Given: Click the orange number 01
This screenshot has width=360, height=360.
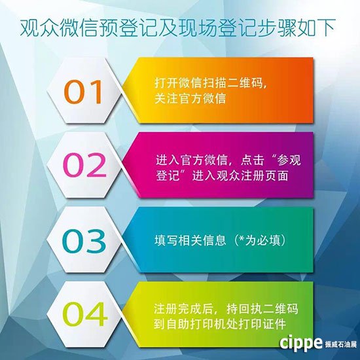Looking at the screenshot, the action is [83, 92].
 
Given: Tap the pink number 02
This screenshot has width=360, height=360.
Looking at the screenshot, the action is [84, 165].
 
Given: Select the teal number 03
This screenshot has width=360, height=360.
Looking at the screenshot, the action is [84, 241].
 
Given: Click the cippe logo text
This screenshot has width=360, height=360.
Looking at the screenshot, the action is [301, 343].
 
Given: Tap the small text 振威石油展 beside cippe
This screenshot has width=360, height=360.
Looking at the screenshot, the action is [341, 344].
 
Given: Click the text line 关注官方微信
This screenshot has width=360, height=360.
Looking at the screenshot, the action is [190, 98].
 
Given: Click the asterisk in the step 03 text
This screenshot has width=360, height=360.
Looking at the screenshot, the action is [242, 238].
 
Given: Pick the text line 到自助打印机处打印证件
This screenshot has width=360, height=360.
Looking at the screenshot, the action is [220, 324].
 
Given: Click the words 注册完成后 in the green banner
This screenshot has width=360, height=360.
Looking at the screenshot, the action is [184, 309].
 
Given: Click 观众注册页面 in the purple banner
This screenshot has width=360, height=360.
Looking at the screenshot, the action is [252, 176].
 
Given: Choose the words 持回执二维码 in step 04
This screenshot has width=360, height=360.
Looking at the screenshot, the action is [262, 309].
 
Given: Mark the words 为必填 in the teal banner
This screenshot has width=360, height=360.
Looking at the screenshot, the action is [263, 240].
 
